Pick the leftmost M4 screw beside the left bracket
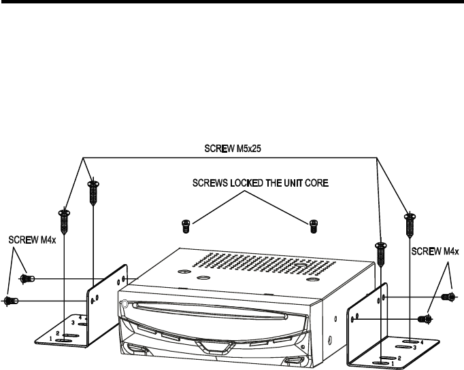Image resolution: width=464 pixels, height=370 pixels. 11,300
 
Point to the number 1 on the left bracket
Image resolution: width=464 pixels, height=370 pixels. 50,338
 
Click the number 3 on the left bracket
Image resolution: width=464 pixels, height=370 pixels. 73,325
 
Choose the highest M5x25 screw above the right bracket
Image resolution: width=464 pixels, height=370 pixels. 410,224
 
